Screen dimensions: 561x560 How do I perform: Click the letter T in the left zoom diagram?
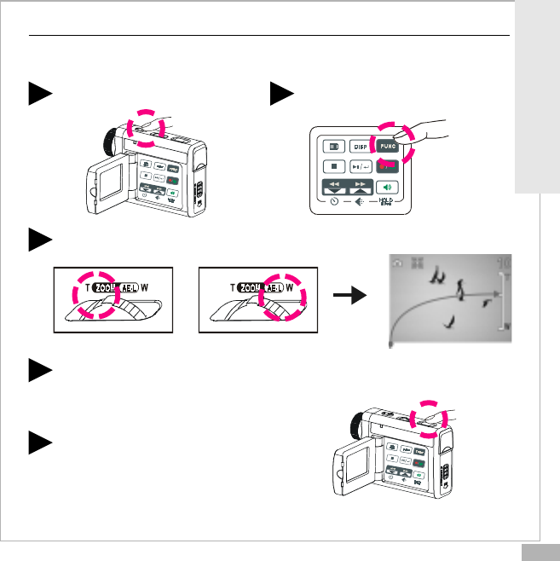click(x=64, y=287)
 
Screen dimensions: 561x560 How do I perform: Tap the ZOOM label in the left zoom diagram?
click(x=89, y=287)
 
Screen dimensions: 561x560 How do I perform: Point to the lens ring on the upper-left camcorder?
click(x=109, y=138)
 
